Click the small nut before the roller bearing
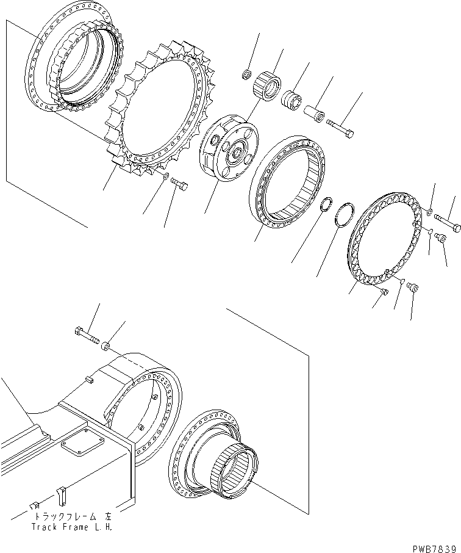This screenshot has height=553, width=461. [246, 75]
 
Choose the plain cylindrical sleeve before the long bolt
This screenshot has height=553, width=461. [314, 114]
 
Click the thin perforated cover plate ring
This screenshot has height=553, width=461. [385, 237]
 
